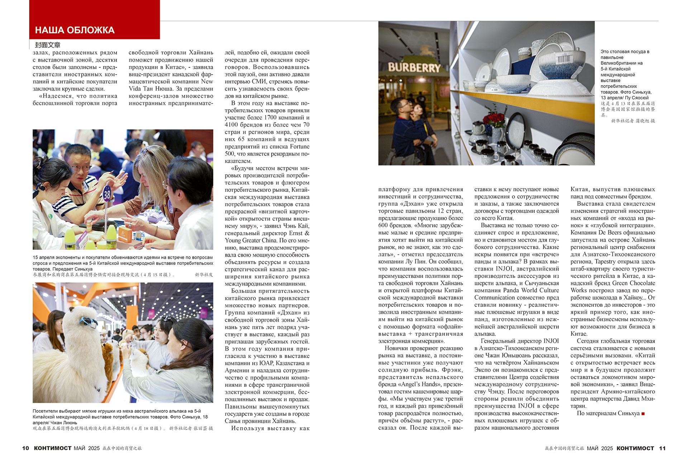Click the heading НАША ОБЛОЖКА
(x=75, y=30)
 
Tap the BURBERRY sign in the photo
(x=414, y=67)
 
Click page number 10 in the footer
(x=25, y=448)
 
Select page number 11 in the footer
(x=662, y=448)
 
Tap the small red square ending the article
(x=643, y=414)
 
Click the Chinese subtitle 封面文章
(x=48, y=45)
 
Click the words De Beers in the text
(x=611, y=233)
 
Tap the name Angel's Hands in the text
(x=417, y=385)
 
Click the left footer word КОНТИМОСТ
(x=52, y=448)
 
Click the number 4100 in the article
(x=233, y=125)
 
